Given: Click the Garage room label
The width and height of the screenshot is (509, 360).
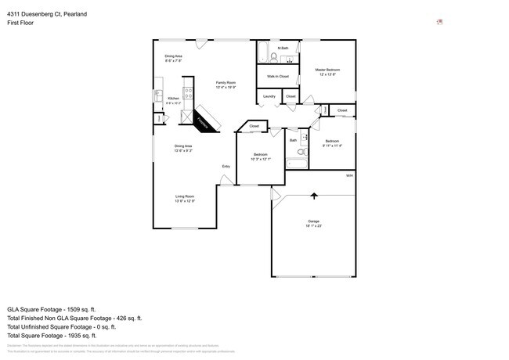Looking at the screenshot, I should point(313,222).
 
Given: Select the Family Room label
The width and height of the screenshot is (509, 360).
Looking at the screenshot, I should point(226,82).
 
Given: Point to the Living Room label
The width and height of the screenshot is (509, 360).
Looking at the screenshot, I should point(185,197).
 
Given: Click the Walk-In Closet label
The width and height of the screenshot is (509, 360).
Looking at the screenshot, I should point(278,77).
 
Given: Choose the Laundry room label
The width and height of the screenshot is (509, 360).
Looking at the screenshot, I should point(269,96).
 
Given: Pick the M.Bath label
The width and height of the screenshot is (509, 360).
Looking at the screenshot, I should point(283,48).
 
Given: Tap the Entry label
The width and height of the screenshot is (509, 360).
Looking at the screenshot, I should point(226,166).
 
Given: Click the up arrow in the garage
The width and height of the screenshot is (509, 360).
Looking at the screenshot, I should point(315,196).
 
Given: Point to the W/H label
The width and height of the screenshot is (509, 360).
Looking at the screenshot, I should point(349,175).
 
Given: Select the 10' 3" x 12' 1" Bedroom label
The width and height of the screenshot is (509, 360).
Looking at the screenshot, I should point(260,156).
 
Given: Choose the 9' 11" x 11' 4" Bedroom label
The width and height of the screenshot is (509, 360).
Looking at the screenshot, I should point(332,142).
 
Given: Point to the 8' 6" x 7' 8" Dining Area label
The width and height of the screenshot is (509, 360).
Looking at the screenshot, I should point(173,58).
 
